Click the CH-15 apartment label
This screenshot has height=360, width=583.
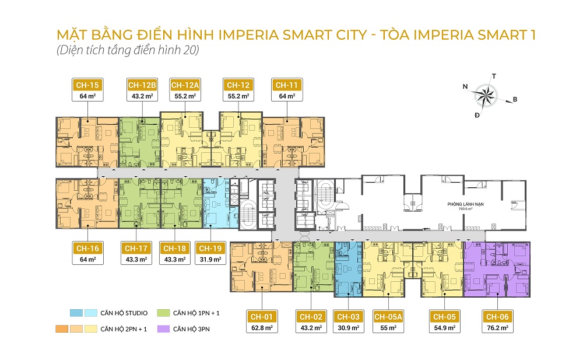(86, 85)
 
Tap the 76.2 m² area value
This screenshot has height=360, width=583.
(499, 328)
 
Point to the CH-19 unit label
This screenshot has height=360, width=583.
(210, 249)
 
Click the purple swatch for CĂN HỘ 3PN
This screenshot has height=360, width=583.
(164, 329)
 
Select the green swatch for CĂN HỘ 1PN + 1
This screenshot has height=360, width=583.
(164, 313)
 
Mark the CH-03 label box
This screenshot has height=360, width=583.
(349, 317)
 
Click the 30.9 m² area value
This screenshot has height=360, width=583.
(349, 328)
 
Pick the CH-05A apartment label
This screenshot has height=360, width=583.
(388, 317)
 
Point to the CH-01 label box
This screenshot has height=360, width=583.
(262, 317)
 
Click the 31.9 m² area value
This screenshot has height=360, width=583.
(210, 259)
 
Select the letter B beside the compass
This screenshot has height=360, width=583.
(515, 99)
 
